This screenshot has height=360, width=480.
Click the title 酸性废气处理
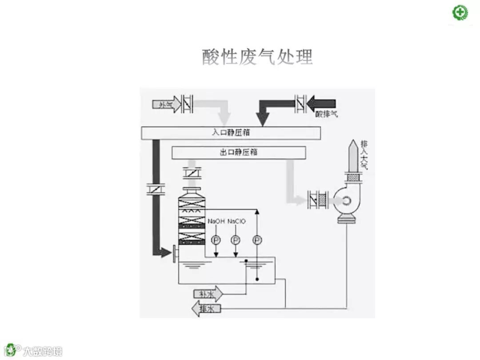click(257, 57)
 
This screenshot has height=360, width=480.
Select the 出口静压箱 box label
click(239, 152)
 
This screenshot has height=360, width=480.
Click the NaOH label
click(216, 221)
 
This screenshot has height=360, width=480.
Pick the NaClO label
click(236, 221)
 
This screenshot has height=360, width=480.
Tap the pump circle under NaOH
click(216, 240)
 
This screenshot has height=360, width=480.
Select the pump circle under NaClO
click(236, 240)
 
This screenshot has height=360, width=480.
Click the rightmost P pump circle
click(257, 240)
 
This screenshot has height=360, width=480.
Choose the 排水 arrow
click(206, 308)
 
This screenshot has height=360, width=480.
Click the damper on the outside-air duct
click(187, 104)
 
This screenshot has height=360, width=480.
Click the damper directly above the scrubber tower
click(192, 173)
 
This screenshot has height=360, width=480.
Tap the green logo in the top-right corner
click(460, 12)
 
